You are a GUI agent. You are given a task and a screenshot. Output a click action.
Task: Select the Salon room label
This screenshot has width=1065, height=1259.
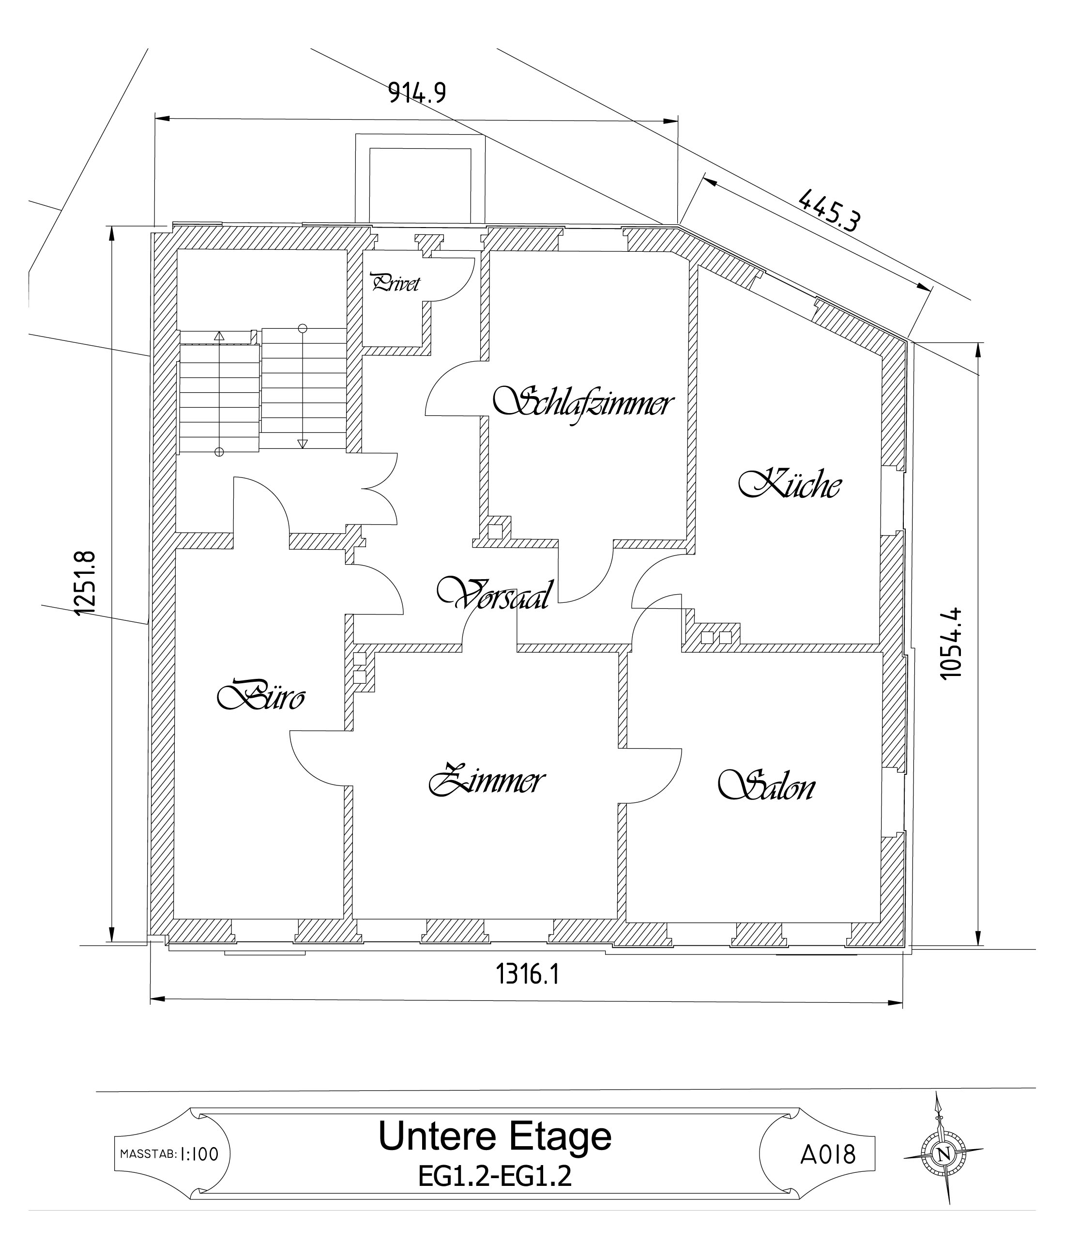point(767,785)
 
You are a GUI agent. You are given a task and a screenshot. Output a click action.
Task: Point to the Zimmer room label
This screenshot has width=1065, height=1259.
point(487,780)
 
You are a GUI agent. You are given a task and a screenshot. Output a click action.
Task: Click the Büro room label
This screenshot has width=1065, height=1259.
point(261,695)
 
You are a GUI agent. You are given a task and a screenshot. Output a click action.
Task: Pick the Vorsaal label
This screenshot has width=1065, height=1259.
point(494,594)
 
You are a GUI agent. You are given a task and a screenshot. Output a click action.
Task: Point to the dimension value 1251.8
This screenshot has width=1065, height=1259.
point(85,583)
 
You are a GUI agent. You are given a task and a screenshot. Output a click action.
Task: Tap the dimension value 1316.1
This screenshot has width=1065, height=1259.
point(528,973)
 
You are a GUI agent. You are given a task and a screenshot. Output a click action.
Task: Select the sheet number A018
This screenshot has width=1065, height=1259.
point(828,1154)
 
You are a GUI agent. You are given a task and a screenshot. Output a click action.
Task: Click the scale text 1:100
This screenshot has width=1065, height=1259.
point(199,1154)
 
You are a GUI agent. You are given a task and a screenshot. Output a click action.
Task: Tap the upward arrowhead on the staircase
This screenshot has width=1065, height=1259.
point(219,335)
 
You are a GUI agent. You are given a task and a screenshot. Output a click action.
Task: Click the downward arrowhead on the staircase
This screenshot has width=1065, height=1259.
point(303,443)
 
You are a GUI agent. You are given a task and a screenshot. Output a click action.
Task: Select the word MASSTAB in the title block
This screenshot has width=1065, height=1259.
point(149,1154)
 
